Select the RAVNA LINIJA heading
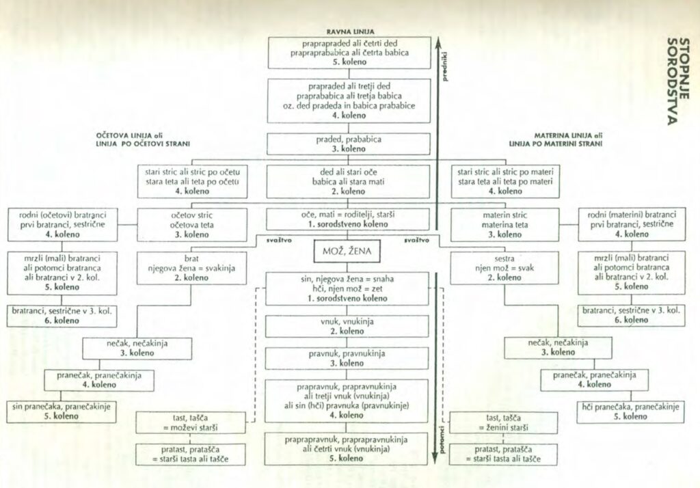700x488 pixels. (349, 31)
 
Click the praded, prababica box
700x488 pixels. (349, 144)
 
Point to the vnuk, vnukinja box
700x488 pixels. (347, 326)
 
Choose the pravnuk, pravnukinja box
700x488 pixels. (347, 358)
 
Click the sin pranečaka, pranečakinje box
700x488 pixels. (62, 411)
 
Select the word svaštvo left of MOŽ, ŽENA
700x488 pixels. (267, 241)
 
